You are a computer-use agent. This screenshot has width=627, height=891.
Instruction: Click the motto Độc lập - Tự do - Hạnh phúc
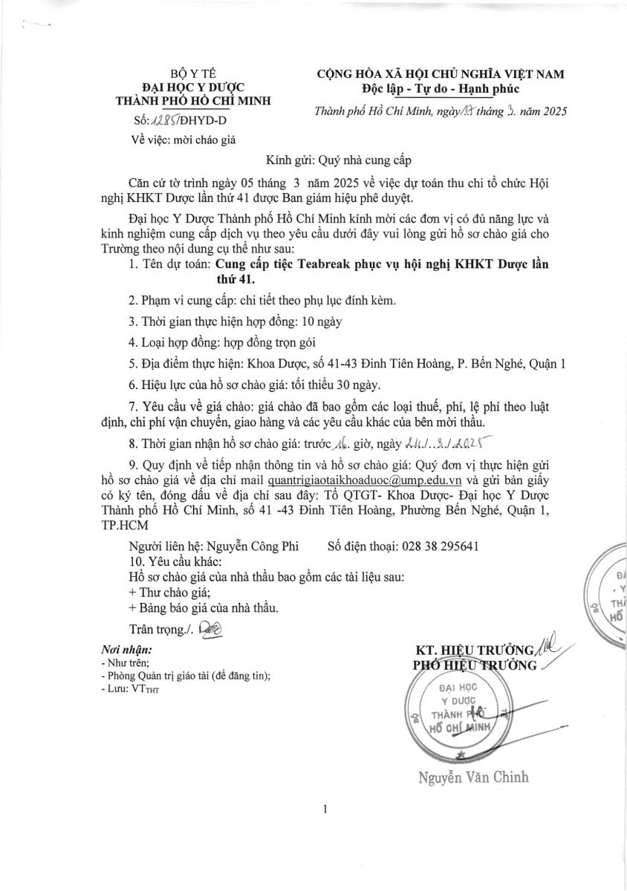point(441,89)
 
